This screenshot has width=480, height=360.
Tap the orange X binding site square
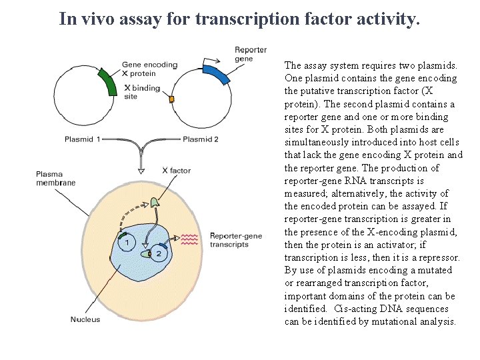[x=171, y=99]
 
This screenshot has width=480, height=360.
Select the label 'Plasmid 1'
[x=83, y=139]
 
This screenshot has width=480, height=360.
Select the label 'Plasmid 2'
[x=201, y=139]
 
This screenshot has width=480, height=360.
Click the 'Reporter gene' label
[x=250, y=54]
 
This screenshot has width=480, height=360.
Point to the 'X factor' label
[x=176, y=171]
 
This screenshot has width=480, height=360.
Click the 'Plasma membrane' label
[x=55, y=178]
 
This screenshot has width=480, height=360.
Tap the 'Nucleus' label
[x=85, y=319]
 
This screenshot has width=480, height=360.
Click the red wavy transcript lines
[x=190, y=240]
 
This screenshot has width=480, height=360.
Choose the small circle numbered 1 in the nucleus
[x=127, y=244]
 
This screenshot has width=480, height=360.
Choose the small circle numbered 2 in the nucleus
[x=159, y=253]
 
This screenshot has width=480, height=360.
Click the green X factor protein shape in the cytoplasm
[x=155, y=201]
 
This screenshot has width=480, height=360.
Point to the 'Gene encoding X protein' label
[x=150, y=69]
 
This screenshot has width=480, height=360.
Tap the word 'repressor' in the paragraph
[x=437, y=257]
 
